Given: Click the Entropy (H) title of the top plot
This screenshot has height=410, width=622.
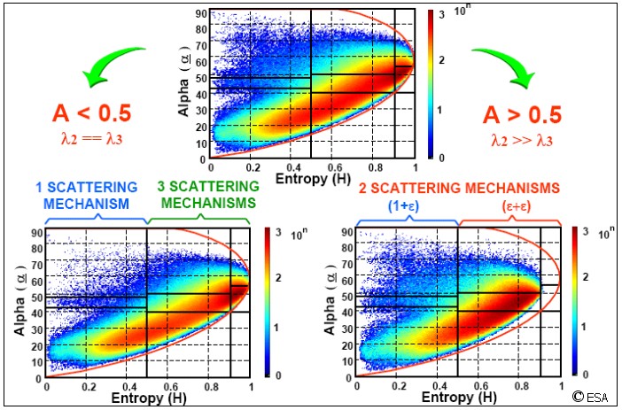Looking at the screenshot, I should pyautogui.click(x=311, y=181).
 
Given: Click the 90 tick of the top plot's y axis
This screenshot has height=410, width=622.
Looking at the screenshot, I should pyautogui.click(x=202, y=14).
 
